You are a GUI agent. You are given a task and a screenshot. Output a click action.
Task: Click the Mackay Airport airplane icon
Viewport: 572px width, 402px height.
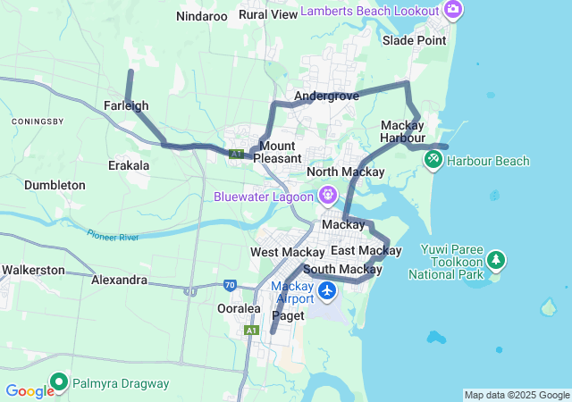pyautogui.click(x=327, y=290)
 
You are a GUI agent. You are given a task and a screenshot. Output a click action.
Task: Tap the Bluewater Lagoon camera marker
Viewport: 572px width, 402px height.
pyautogui.click(x=329, y=195)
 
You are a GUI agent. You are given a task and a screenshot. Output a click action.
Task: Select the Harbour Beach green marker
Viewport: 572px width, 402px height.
pyautogui.click(x=433, y=160)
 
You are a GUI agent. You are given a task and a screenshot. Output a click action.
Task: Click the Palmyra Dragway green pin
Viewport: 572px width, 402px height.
pyautogui.click(x=60, y=382)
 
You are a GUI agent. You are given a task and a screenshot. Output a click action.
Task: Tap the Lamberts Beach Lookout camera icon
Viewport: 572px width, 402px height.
pyautogui.click(x=453, y=11)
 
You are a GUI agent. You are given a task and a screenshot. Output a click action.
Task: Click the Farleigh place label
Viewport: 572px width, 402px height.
pyautogui.click(x=126, y=105)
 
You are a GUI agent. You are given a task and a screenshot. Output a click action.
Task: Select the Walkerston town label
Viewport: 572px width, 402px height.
pyautogui.click(x=33, y=270)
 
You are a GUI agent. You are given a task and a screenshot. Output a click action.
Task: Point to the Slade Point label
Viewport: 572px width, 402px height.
pyautogui.click(x=414, y=41)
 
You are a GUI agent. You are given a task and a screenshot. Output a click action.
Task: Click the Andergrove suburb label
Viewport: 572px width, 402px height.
pyautogui.click(x=326, y=96)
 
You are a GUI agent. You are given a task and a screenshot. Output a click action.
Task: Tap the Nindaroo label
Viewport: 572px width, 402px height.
pyautogui.click(x=202, y=16)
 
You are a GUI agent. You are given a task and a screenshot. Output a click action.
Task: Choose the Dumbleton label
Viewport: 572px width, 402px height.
pyautogui.click(x=55, y=185)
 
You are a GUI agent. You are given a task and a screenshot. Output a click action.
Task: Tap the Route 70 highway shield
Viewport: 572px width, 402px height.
pyautogui.click(x=230, y=286)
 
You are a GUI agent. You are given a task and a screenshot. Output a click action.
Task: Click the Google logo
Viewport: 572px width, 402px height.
pyautogui.click(x=29, y=390)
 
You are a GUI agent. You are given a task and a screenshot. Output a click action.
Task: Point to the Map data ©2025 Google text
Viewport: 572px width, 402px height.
pyautogui.click(x=517, y=396)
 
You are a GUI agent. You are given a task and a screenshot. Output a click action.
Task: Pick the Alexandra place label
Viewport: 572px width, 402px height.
pyautogui.click(x=119, y=280)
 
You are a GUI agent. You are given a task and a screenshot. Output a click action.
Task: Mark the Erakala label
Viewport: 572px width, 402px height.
pyautogui.click(x=128, y=165)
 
